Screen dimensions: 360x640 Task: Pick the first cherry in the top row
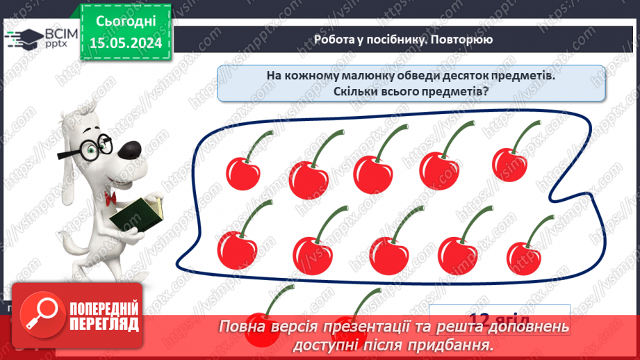point(242,170)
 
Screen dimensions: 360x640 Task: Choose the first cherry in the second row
point(236,248)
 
